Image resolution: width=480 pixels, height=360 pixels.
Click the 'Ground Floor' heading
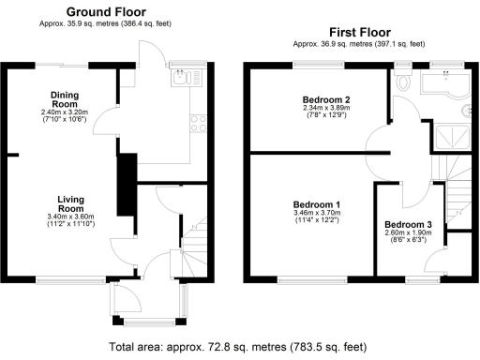coord(106,11)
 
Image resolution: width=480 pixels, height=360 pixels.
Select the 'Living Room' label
coord(71,204)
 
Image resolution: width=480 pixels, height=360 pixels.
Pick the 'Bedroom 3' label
coord(409,225)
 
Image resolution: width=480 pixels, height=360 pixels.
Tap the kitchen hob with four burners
coord(198,122)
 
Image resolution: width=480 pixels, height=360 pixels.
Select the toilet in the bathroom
coord(404,82)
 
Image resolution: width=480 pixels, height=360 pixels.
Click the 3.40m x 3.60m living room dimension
coord(71,217)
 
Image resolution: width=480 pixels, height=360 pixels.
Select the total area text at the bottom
coord(239,347)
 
